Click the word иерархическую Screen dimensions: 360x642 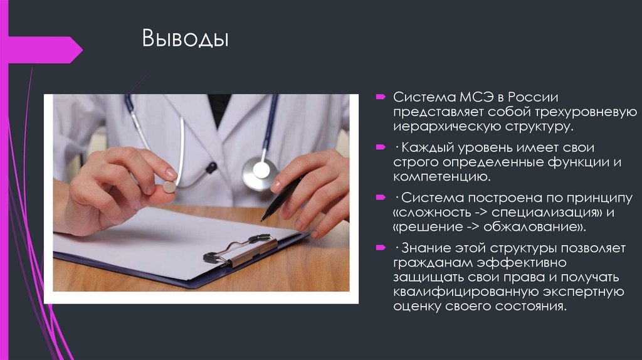[x=443, y=128]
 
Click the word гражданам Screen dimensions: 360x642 [x=433, y=262]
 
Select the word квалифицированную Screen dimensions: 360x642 [x=463, y=292]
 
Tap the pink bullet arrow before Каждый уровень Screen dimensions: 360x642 [x=380, y=148]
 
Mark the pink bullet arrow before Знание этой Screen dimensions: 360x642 [x=380, y=248]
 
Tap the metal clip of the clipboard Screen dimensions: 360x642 [x=241, y=250]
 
